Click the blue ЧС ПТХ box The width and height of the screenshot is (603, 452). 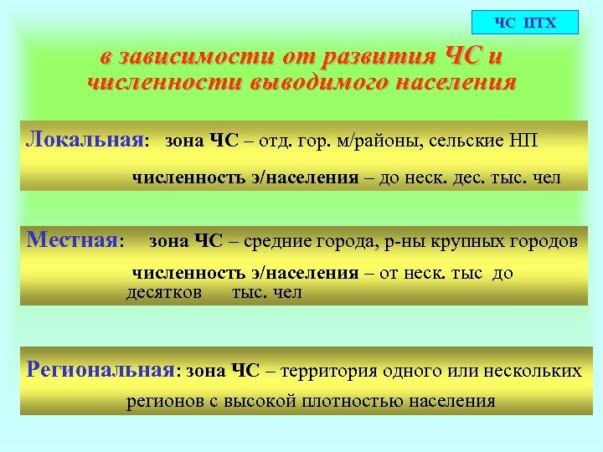coord(525,22)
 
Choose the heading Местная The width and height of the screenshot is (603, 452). coord(73,241)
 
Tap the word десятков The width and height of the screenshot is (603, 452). coord(164,292)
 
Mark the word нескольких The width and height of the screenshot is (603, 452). coord(533,371)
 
